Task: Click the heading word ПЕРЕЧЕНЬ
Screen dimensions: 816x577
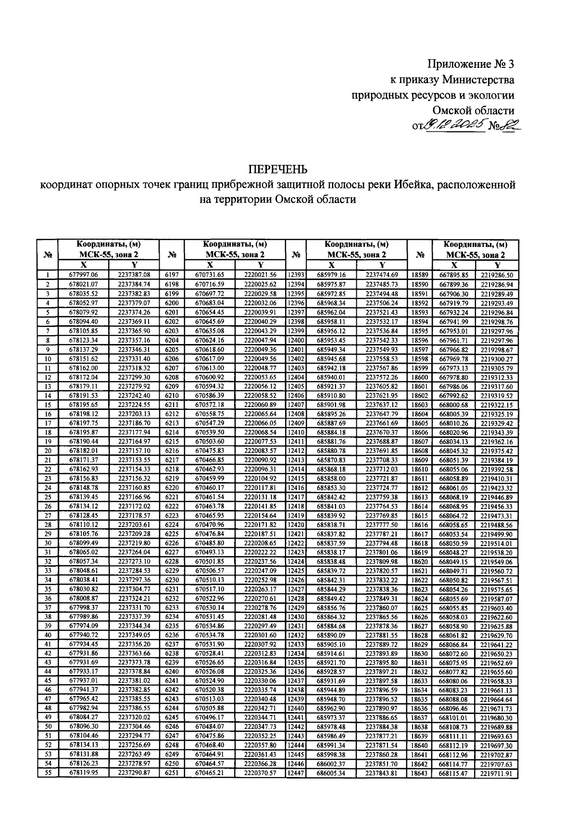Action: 277,169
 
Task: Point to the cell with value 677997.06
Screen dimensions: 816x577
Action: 84,275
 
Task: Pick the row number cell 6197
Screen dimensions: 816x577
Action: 172,275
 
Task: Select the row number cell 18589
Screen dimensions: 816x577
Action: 420,275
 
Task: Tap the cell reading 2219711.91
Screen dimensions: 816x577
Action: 497,774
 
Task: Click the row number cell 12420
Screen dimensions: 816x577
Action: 296,524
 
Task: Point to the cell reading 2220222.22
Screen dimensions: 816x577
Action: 260,552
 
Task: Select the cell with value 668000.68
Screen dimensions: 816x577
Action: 453,405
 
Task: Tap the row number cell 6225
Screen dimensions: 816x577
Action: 172,534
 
